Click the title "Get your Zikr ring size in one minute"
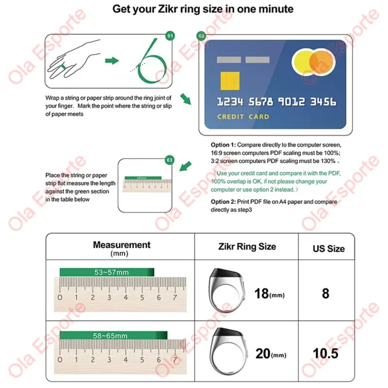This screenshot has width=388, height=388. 203,9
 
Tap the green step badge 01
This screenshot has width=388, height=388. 169,36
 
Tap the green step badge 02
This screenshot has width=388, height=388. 202,36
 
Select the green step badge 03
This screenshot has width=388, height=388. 169,159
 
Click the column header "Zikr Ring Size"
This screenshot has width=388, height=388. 247,246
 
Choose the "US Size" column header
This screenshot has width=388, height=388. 328,249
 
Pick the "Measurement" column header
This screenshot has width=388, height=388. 122,245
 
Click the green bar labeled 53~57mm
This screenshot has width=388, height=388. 107,272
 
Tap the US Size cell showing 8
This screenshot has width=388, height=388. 325,293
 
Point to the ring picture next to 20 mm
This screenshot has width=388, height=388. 227,352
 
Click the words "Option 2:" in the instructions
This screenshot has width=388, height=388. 223,202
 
